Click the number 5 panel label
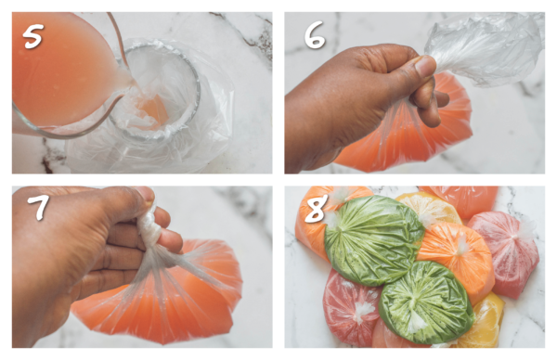point(33,36)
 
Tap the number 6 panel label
point(315,34)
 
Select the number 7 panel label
point(38,206)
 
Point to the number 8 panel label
point(315,210)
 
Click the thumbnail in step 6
point(425,66)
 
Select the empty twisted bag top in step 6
point(483,50)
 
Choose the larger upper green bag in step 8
point(373,239)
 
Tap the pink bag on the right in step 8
point(504,252)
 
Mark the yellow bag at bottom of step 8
point(484,324)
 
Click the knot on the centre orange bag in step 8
point(461,245)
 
